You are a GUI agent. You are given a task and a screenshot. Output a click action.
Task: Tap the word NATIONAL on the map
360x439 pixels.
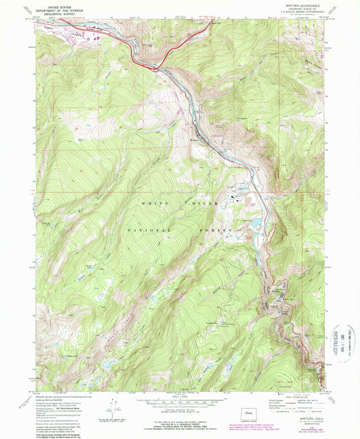pos(146,230)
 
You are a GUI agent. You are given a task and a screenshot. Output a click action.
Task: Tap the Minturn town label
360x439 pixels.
pos(195,140)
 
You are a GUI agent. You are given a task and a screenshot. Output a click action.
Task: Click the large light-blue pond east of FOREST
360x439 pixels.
pos(257,222)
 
